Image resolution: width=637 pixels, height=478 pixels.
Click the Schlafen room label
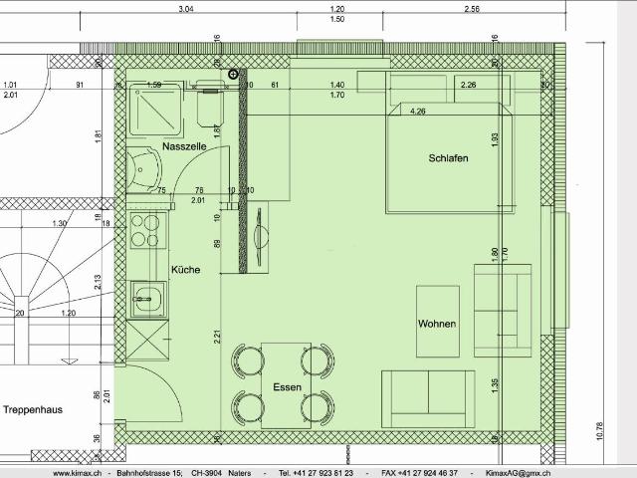pyautogui.click(x=448, y=158)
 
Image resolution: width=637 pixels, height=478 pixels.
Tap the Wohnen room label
pyautogui.click(x=437, y=325)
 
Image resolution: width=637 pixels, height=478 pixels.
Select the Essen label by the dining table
pyautogui.click(x=286, y=386)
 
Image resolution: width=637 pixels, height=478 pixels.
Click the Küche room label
pyautogui.click(x=186, y=270)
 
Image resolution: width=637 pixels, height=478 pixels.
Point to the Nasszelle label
pyautogui.click(x=183, y=146)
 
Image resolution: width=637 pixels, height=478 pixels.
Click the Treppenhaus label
pyautogui.click(x=33, y=410)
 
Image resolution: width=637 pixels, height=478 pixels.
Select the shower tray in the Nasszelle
pyautogui.click(x=156, y=107)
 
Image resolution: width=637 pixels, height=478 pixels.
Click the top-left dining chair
pyautogui.click(x=243, y=359)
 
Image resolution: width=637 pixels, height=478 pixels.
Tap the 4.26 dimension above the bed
pyautogui.click(x=417, y=112)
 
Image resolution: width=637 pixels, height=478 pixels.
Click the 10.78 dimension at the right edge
pyautogui.click(x=599, y=430)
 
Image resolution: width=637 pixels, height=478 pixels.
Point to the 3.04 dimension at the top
pyautogui.click(x=185, y=8)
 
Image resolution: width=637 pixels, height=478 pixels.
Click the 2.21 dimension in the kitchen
pyautogui.click(x=217, y=336)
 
